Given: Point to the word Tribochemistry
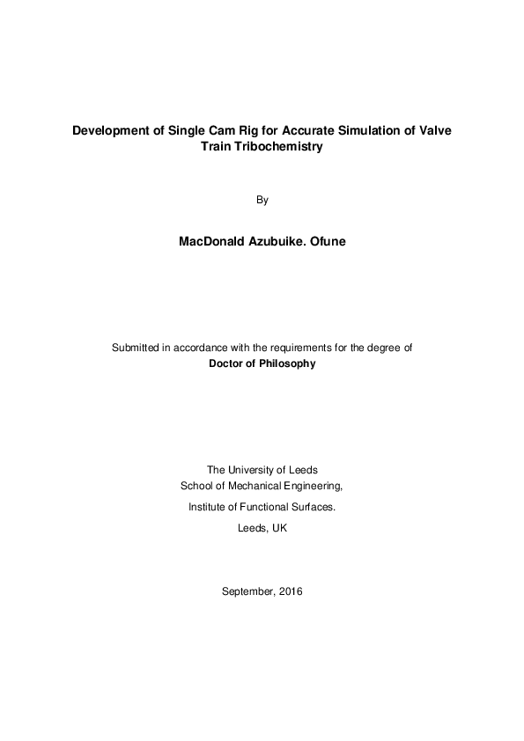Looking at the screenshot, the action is (275, 148).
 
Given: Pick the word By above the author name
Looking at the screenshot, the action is (262, 200).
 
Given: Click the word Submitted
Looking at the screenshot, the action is (135, 348).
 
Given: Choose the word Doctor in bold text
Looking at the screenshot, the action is (227, 363).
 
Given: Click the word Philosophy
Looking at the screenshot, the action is (286, 363).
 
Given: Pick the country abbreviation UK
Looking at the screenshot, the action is (279, 528).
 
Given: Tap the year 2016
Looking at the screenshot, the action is (292, 591).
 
